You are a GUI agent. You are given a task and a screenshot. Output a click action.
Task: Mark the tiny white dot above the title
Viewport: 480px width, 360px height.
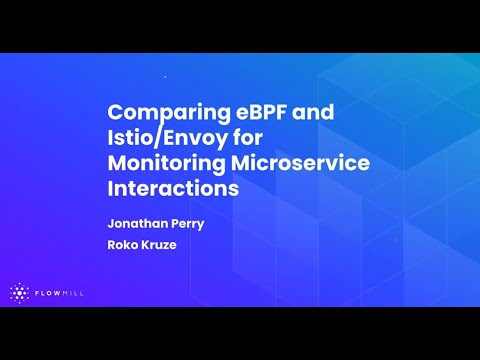click(x=165, y=76)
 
